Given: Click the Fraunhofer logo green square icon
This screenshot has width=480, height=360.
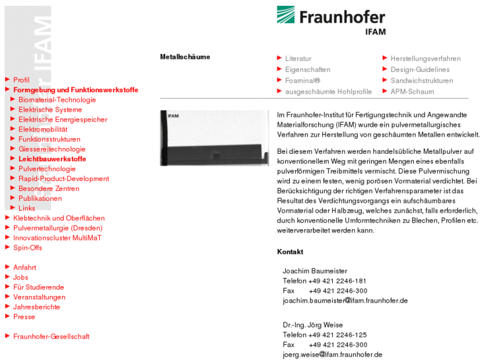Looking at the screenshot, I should tap(286, 15).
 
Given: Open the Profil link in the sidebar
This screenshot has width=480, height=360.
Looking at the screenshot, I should tap(21, 80).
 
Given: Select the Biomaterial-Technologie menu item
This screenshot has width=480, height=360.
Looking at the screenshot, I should tap(57, 100).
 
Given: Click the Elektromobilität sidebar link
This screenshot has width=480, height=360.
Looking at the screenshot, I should tap(43, 129).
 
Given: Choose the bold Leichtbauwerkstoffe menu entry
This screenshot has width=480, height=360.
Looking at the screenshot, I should tap(52, 159).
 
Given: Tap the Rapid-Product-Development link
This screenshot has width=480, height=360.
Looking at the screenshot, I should tap(63, 178).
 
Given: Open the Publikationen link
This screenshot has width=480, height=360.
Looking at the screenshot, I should tap(40, 198).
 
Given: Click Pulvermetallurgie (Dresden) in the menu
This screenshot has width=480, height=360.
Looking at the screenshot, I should tap(57, 228).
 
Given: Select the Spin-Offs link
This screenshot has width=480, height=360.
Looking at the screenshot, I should tap(28, 248).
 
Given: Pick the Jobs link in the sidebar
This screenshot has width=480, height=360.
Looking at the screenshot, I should tap(21, 277).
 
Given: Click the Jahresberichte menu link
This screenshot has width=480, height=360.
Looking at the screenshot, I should tap(36, 306).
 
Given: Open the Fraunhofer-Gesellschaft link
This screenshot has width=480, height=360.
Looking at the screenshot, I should tap(51, 336).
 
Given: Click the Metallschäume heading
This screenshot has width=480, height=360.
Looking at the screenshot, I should tap(185, 57).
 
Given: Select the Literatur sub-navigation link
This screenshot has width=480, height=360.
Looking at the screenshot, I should tap(298, 59).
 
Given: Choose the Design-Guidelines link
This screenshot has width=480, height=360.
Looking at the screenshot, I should tap(420, 69).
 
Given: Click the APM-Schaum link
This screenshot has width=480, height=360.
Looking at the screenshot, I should tap(412, 92).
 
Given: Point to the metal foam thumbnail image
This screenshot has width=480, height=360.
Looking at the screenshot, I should tap(214, 137).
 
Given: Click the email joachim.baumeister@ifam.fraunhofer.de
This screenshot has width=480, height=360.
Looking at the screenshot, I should tap(345, 301).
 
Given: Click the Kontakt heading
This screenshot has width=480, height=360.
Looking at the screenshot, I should tap(290, 252).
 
